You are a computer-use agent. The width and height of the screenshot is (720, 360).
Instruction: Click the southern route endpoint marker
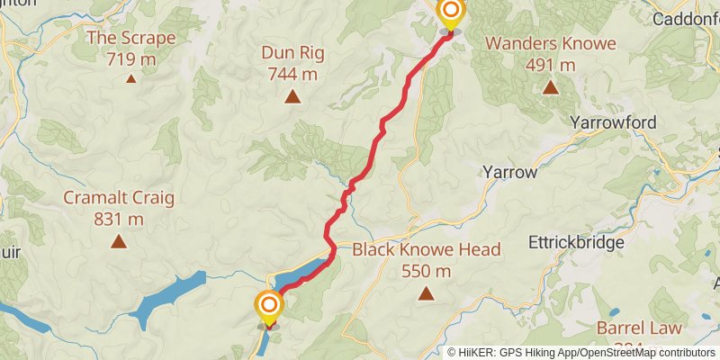pos(268,307)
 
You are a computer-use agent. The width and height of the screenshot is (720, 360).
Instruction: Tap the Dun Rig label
pos(292,52)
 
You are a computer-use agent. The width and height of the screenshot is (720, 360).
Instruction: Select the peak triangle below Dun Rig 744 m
pos(292,96)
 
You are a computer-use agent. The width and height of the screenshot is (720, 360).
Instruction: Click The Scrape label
pos(130,38)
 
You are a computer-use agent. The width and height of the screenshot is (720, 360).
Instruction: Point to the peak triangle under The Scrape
pos(130,79)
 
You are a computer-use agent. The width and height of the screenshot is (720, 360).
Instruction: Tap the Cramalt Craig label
pos(118,198)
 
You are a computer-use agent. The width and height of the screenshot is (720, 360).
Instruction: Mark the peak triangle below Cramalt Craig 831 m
pos(118,241)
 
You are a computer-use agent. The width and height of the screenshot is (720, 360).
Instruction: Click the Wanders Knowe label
pos(550,43)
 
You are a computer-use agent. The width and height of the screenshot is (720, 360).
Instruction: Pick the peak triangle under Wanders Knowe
pos(550,87)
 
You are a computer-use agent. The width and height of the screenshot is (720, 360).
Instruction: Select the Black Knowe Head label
pos(426,250)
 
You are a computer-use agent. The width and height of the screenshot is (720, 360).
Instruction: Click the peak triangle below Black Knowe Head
pos(426,293)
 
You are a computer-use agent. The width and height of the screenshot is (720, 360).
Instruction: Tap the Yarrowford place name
pos(614,121)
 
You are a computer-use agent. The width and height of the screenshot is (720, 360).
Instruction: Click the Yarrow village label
pos(509,172)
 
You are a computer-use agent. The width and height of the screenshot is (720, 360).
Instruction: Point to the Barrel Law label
pos(639,328)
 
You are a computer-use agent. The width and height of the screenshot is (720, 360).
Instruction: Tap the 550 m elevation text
pos(426,271)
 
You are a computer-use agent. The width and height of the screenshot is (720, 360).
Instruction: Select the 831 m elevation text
pos(118,219)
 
